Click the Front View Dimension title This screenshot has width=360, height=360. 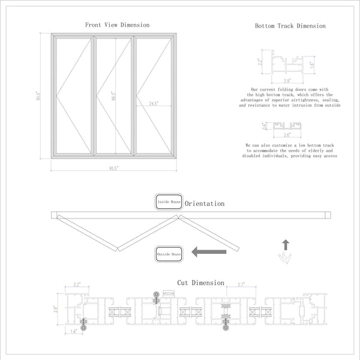click(x=117, y=25)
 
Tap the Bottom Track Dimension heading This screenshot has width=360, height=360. click(x=290, y=26)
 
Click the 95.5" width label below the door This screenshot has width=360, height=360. click(x=112, y=169)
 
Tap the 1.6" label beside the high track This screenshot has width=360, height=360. click(x=313, y=64)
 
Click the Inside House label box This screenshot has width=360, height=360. click(x=169, y=202)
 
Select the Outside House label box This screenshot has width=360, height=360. click(x=169, y=254)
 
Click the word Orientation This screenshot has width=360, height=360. click(x=205, y=204)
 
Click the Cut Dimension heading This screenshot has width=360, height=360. click(x=200, y=283)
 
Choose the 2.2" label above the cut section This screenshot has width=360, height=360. click(x=77, y=284)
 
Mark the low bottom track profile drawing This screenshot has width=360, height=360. click(x=289, y=126)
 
